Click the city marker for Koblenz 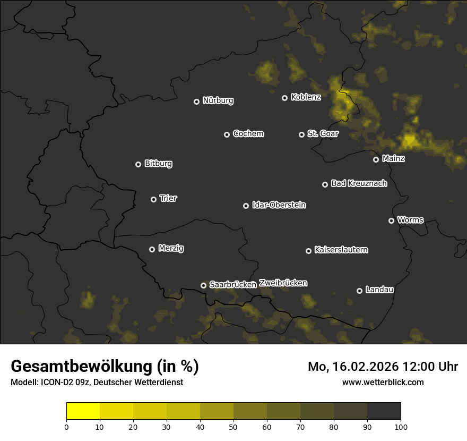pyautogui.click(x=284, y=98)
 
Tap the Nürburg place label pyautogui.click(x=218, y=100)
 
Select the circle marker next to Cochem pyautogui.click(x=227, y=134)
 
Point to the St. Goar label pyautogui.click(x=323, y=134)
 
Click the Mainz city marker pyautogui.click(x=376, y=159)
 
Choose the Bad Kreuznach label pyautogui.click(x=359, y=183)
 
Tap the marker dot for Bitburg pyautogui.click(x=138, y=164)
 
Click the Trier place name pyautogui.click(x=168, y=198)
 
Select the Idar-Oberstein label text pyautogui.click(x=279, y=205)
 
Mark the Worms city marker pyautogui.click(x=391, y=220)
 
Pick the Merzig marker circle pyautogui.click(x=152, y=249)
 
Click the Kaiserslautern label pyautogui.click(x=341, y=250)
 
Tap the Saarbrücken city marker pyautogui.click(x=203, y=285)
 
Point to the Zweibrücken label pyautogui.click(x=283, y=283)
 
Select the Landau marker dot pyautogui.click(x=359, y=291)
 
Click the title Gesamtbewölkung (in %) pyautogui.click(x=105, y=367)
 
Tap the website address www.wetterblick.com pyautogui.click(x=383, y=382)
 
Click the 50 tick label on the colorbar pyautogui.click(x=233, y=427)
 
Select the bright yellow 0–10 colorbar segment pyautogui.click(x=83, y=411)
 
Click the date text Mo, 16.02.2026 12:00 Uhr pyautogui.click(x=383, y=367)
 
